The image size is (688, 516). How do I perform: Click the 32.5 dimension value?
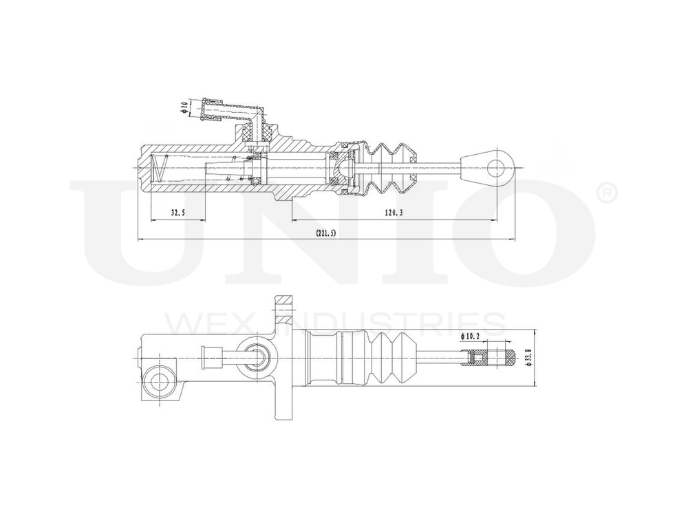178,213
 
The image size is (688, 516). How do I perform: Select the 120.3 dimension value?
393,213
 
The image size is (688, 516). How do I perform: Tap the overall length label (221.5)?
325,234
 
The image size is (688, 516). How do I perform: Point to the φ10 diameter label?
184,107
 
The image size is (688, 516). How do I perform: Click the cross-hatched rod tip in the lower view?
497,358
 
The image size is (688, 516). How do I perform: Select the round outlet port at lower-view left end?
159,380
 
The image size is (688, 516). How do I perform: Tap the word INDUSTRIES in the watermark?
392,323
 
